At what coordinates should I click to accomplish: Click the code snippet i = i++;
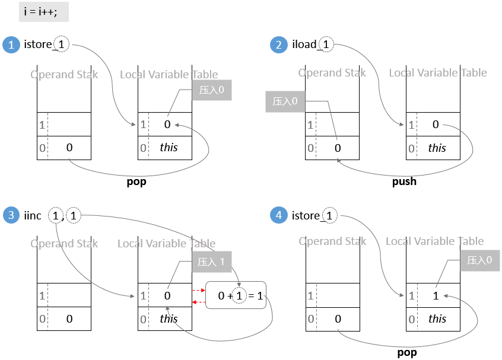coord(43,12)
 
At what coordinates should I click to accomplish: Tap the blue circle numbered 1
coord(11,45)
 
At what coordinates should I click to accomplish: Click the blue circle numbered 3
coord(11,215)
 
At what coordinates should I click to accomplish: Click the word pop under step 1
coord(136,181)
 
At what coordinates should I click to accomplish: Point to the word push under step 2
coord(404,181)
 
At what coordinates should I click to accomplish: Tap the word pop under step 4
coord(406,352)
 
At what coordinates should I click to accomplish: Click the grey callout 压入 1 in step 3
coord(211,262)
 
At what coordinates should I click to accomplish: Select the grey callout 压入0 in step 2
coord(285,101)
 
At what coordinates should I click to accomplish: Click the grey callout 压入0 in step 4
coord(479,260)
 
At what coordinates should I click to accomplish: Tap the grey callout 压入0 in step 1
coord(211,90)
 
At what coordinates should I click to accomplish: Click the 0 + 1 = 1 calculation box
coord(236,295)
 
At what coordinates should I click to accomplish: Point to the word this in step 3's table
coord(169,318)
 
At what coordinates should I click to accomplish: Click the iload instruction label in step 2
coord(304,45)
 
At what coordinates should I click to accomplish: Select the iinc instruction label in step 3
coord(33,215)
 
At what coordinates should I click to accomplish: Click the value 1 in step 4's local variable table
coord(436,295)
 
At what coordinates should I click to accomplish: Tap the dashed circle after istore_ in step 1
coord(61,44)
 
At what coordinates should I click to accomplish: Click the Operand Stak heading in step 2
coord(332,73)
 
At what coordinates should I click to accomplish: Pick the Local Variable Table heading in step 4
coord(435,241)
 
